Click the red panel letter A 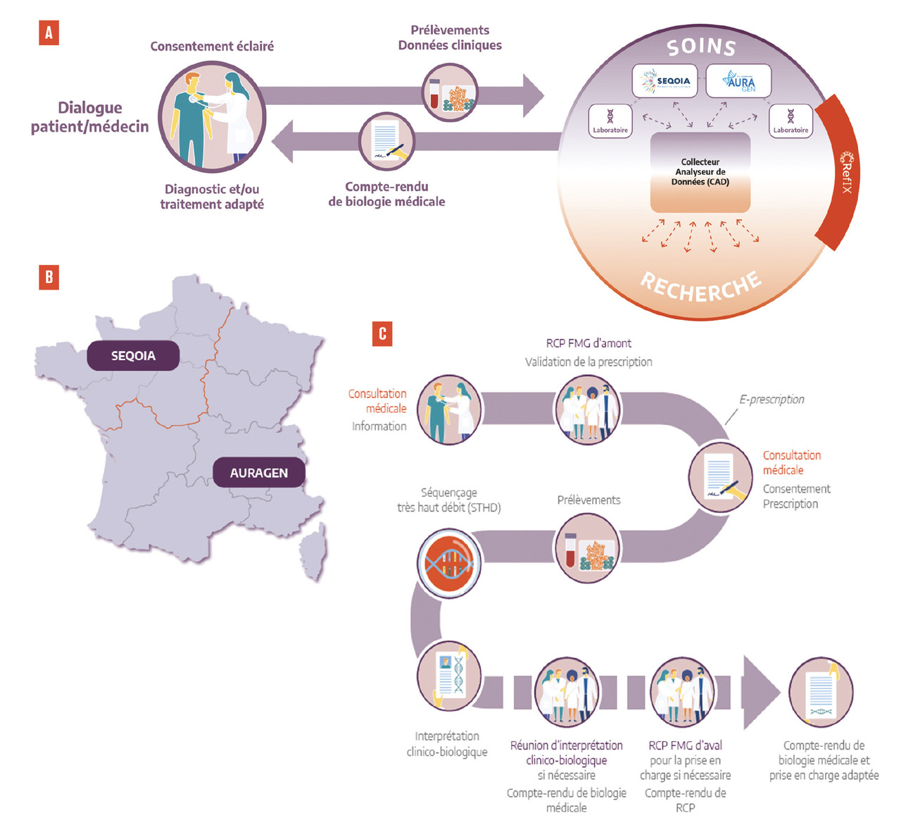click(x=49, y=33)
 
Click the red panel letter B click(x=49, y=277)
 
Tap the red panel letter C click(x=382, y=333)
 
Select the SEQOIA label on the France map click(x=133, y=356)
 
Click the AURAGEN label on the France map click(x=258, y=473)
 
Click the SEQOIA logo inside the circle click(x=665, y=81)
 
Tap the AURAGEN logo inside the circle click(x=738, y=81)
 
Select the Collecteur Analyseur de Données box click(x=700, y=173)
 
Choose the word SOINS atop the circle click(x=701, y=47)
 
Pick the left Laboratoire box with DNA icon click(x=610, y=120)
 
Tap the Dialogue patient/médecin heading click(x=90, y=117)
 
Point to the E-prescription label click(x=771, y=399)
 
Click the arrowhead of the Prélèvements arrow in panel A click(x=533, y=95)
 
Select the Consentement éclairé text click(x=212, y=47)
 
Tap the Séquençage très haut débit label click(x=449, y=500)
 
